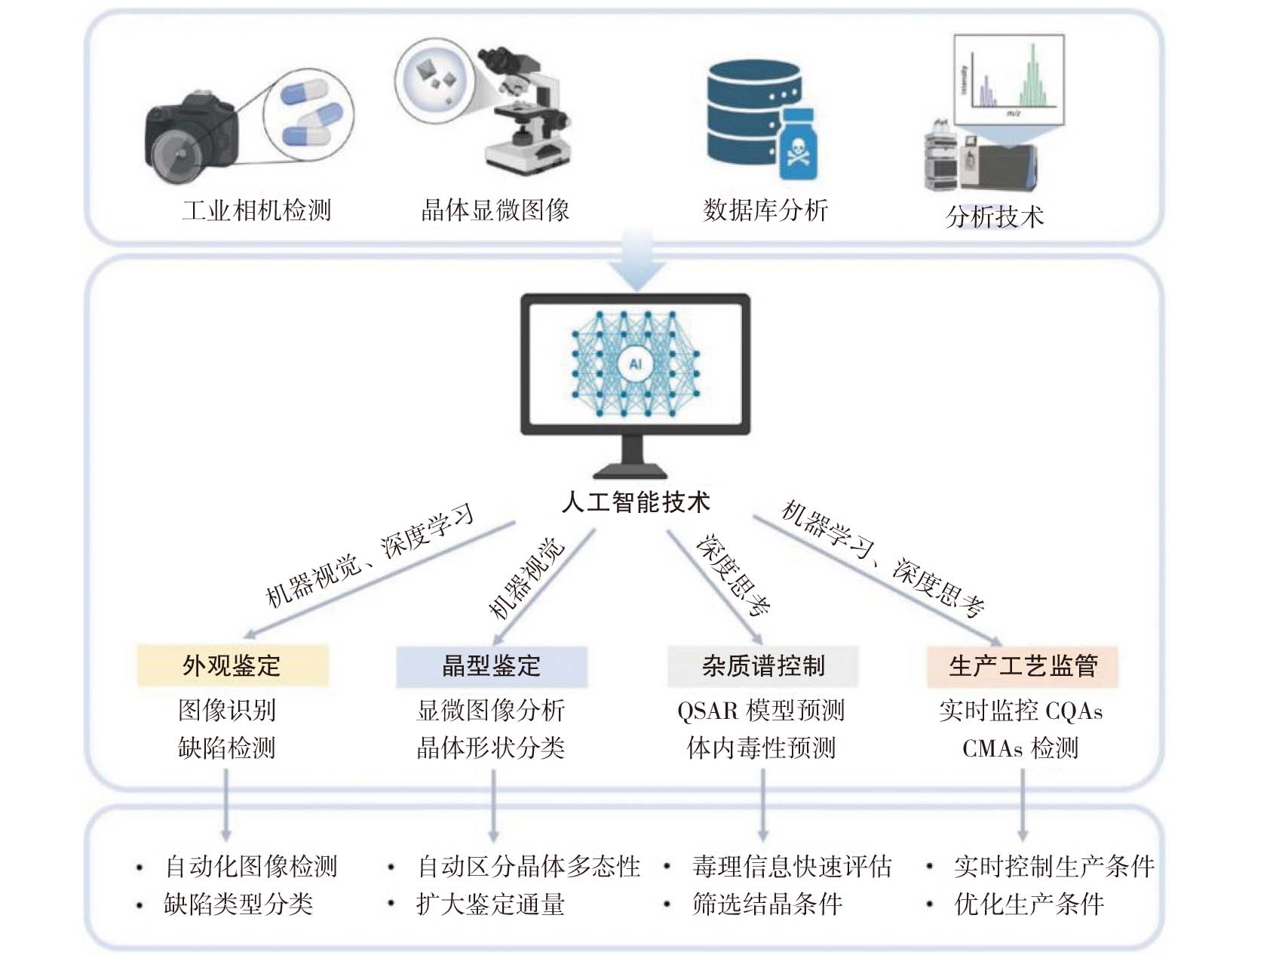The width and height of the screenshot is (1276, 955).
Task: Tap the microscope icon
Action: (x=528, y=109)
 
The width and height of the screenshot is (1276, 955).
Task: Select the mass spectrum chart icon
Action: (x=1009, y=79)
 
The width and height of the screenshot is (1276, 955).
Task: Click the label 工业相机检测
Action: (x=256, y=210)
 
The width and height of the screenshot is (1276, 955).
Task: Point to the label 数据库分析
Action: (x=765, y=210)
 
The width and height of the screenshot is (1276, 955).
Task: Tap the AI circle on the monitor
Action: (x=635, y=364)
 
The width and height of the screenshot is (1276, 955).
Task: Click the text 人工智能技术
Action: (x=635, y=502)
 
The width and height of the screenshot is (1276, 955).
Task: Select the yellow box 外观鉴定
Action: (x=232, y=665)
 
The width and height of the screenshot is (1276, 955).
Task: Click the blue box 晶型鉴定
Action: (x=491, y=665)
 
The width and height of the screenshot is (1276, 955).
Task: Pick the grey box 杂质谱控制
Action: (x=762, y=665)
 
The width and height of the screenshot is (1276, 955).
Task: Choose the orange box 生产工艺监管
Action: (x=1022, y=665)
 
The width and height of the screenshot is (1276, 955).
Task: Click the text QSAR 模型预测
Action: (x=760, y=710)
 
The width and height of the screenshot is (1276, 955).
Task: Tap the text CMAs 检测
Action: (x=1020, y=748)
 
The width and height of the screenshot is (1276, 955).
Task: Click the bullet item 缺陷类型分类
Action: (x=238, y=904)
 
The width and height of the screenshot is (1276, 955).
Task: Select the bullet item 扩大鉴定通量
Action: (x=490, y=904)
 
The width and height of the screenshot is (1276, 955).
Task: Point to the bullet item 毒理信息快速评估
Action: (x=792, y=866)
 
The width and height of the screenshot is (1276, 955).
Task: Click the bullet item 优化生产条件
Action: (x=1029, y=904)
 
